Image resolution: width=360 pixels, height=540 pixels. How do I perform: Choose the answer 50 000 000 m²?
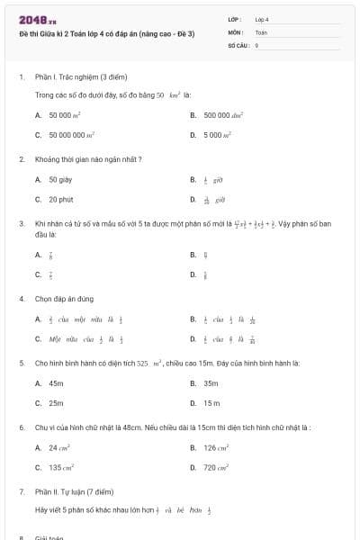(x=72, y=135)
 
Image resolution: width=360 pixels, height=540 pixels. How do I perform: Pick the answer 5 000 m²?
(x=217, y=135)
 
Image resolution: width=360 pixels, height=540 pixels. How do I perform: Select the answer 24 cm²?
(x=59, y=447)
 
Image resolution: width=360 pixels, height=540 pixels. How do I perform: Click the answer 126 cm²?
(x=215, y=447)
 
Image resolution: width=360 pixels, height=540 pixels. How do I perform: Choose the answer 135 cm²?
(x=61, y=467)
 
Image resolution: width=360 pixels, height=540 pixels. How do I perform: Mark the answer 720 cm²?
(x=215, y=467)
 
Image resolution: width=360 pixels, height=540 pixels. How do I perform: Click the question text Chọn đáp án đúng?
(x=60, y=298)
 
